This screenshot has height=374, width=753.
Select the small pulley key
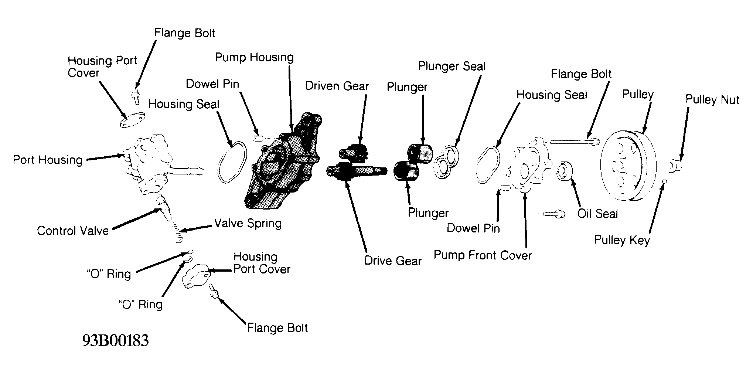click(665, 181)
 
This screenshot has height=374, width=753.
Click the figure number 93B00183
click(115, 340)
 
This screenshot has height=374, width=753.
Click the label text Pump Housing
click(254, 57)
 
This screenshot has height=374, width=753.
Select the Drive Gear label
click(393, 261)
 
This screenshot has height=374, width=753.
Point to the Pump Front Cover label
click(483, 255)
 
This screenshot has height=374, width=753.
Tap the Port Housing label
click(48, 160)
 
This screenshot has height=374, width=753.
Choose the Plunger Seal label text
click(452, 66)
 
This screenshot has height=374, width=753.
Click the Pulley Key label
click(622, 240)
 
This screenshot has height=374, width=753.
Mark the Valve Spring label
click(248, 223)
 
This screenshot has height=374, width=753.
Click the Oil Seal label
click(597, 214)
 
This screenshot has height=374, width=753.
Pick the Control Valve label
click(73, 231)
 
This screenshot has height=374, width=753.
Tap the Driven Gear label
click(337, 86)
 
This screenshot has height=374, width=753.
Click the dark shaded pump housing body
click(283, 163)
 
